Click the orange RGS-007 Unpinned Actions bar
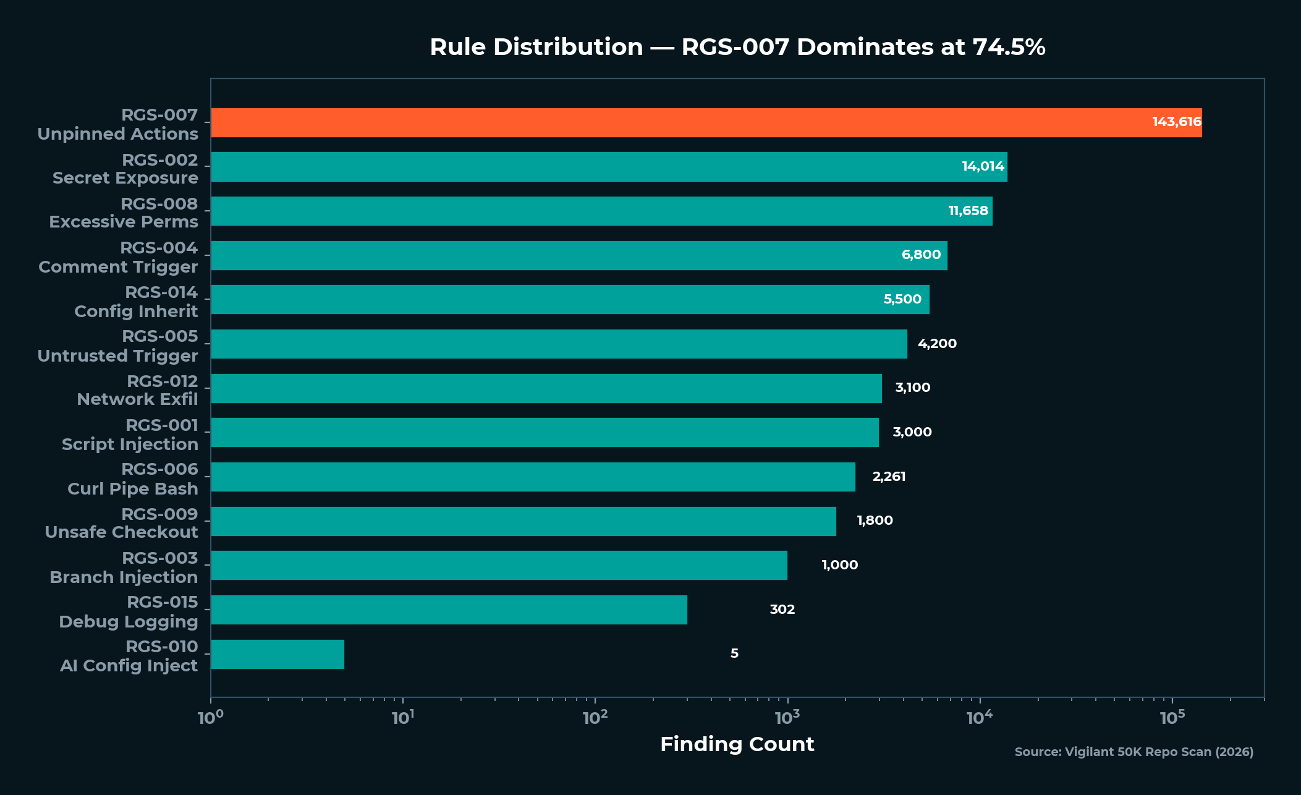pos(680,122)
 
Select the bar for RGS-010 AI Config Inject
pos(278,654)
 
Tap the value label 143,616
pos(1176,122)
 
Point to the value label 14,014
pos(983,166)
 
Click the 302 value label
pos(782,610)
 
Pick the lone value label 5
pos(734,653)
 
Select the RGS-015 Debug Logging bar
pos(449,610)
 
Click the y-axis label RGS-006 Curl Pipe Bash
pos(132,479)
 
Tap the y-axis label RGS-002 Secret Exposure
pos(125,169)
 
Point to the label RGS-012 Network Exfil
pos(137,390)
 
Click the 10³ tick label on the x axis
pos(787,718)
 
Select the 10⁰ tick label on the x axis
pos(210,718)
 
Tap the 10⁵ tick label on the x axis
pos(1172,718)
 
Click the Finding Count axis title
pos(737,744)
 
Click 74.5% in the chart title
pos(1009,48)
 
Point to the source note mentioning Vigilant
pos(1134,752)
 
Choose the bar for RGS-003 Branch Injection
pos(499,565)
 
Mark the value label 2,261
pos(889,477)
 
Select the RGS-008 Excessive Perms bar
pos(601,211)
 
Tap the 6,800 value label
pos(921,255)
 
